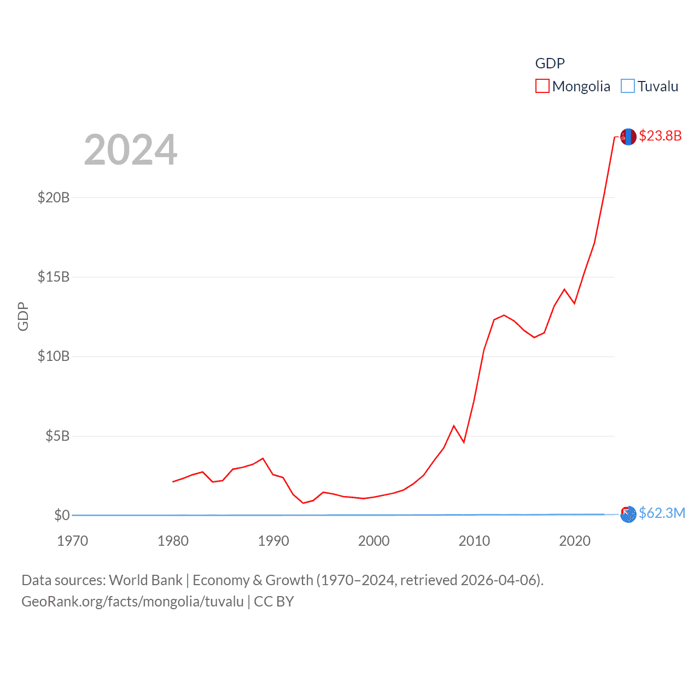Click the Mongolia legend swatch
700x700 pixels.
click(542, 86)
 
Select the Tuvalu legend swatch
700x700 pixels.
click(628, 86)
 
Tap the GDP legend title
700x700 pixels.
click(550, 63)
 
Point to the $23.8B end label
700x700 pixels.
click(660, 136)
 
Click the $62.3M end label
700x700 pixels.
click(662, 513)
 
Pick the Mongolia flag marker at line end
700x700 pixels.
click(628, 137)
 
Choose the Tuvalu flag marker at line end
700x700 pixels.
click(628, 514)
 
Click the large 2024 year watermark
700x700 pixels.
click(131, 150)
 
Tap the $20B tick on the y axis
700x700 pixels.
click(54, 197)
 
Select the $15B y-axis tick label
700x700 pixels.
click(54, 277)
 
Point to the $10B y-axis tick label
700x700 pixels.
click(54, 357)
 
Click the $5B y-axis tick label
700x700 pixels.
click(57, 436)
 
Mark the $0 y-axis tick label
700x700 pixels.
click(62, 515)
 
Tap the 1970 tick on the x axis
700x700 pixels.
click(73, 541)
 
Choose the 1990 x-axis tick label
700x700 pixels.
click(273, 541)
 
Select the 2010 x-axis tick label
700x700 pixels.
click(474, 541)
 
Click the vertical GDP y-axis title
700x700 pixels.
click(23, 316)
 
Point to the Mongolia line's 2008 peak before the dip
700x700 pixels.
click(454, 426)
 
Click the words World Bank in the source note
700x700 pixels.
click(146, 580)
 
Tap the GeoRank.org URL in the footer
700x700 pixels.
click(132, 602)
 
